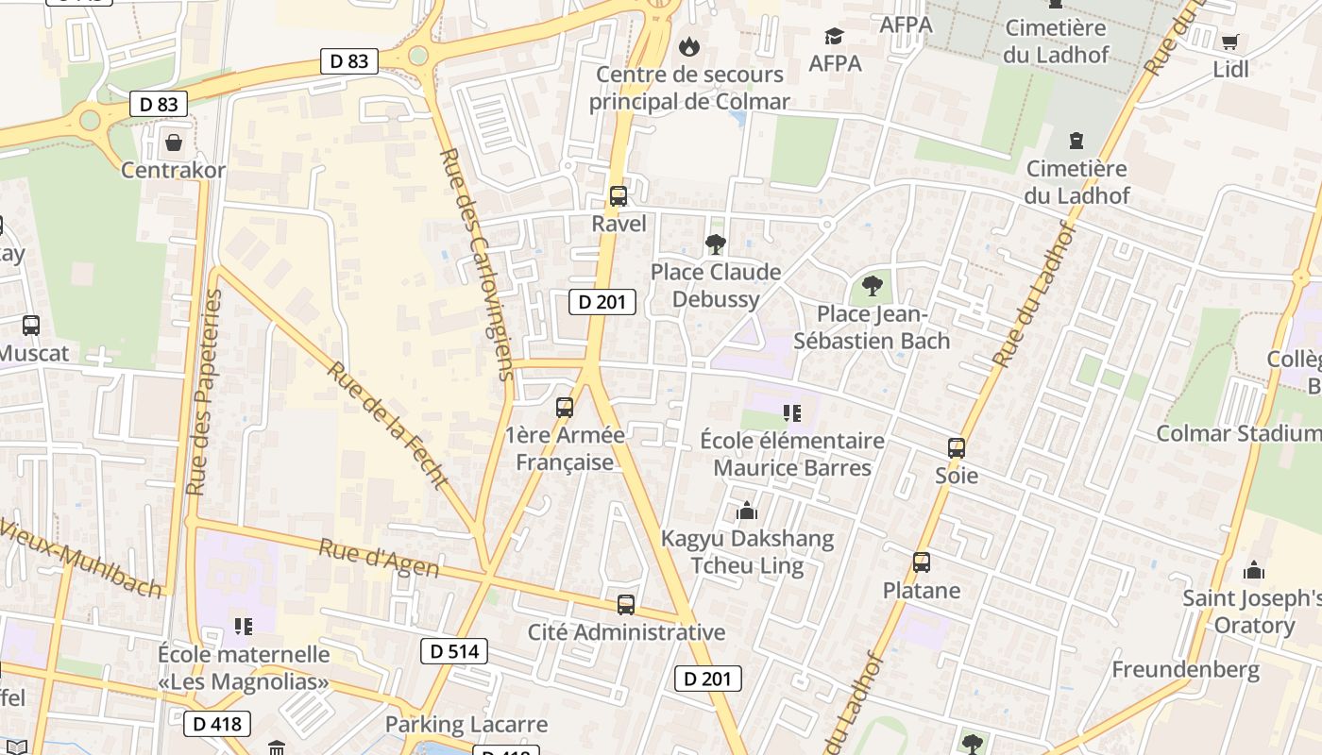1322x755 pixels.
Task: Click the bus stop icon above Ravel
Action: point(619,196)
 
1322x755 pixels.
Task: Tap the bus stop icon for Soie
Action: point(957,448)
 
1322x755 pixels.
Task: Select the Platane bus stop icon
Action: point(922,562)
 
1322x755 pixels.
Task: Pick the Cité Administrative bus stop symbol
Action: point(626,605)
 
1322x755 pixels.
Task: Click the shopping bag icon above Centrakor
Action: point(174,143)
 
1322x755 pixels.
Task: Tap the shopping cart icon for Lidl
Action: point(1229,42)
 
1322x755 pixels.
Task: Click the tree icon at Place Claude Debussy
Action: point(716,244)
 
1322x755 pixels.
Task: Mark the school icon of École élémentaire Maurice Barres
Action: point(792,412)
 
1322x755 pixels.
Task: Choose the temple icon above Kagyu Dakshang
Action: point(748,511)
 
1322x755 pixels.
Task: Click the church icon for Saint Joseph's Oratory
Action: point(1254,570)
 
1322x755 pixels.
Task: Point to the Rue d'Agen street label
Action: point(379,558)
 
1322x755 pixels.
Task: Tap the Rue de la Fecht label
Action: point(386,424)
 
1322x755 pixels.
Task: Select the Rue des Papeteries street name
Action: point(205,393)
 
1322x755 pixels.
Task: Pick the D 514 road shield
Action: point(454,651)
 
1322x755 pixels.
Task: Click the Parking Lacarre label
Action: point(466,725)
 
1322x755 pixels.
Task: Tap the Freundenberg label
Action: point(1185,670)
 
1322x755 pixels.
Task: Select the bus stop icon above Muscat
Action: point(31,326)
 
